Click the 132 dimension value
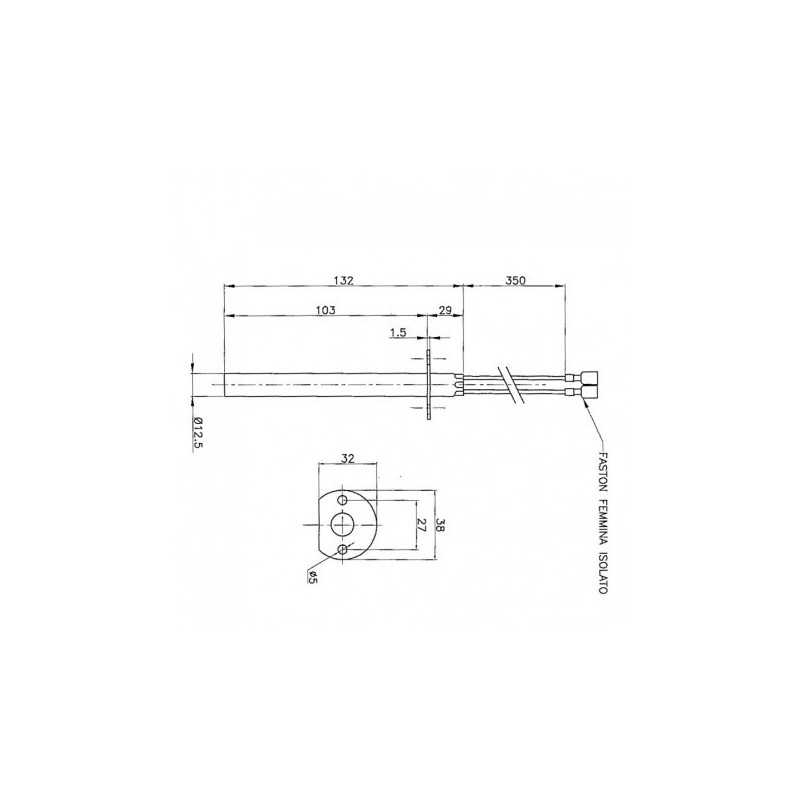point(343,280)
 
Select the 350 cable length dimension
point(515,280)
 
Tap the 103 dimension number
point(326,310)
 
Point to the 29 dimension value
point(445,310)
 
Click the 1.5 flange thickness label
point(398,333)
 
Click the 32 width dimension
point(348,458)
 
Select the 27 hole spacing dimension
point(421,526)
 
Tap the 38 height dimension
point(440,526)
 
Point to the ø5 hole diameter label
point(311,578)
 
